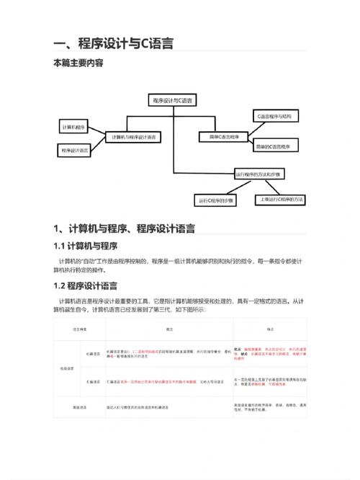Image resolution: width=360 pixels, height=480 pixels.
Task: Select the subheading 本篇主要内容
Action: (78, 63)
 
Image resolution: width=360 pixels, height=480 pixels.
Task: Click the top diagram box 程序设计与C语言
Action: (174, 100)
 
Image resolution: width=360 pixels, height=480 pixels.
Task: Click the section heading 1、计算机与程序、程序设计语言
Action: (124, 229)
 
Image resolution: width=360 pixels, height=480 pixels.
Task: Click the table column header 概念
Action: (168, 329)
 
